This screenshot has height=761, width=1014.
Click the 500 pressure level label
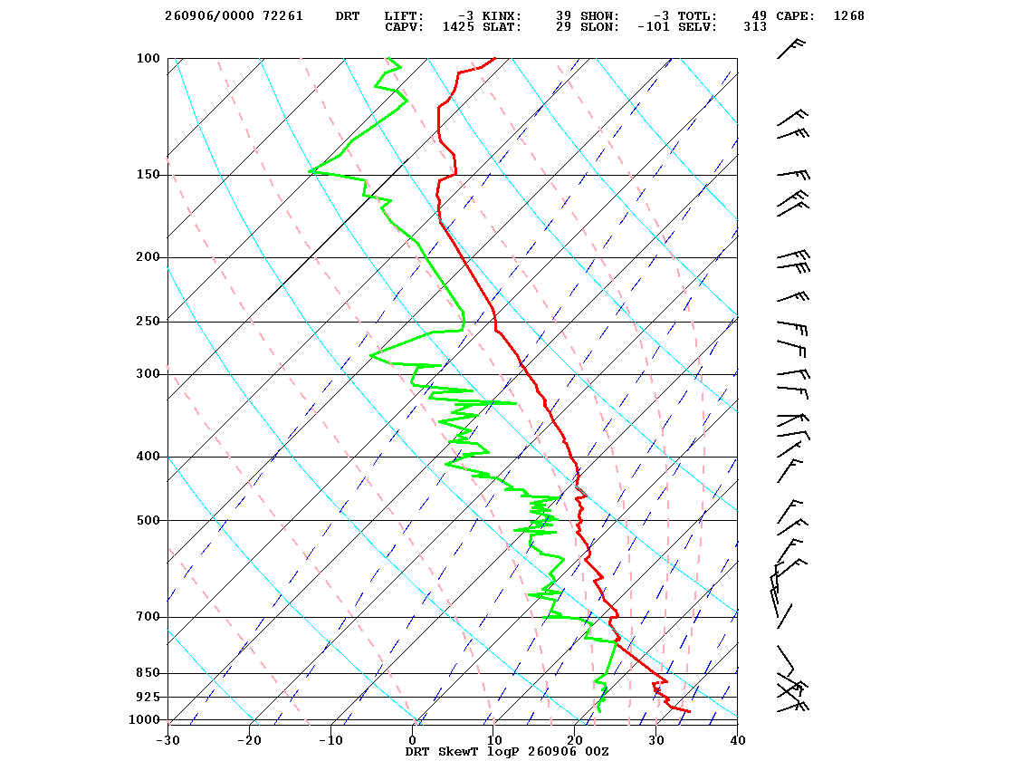(148, 520)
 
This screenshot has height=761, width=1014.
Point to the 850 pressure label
(148, 673)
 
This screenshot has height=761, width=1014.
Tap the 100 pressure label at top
(148, 58)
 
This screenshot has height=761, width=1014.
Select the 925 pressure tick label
(148, 697)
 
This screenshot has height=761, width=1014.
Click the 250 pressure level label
(148, 321)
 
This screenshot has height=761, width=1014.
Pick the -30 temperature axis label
(168, 740)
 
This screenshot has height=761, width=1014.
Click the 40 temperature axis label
(738, 740)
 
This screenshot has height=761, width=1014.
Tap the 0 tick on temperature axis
(413, 740)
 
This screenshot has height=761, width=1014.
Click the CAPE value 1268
(849, 16)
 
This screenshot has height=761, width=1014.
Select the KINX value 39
(564, 16)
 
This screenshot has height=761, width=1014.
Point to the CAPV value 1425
(458, 27)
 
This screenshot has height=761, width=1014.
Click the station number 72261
(283, 16)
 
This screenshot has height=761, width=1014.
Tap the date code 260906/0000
(209, 16)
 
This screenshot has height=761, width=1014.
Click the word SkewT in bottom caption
(458, 751)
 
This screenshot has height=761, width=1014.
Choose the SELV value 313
(755, 27)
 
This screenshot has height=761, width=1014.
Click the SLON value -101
(653, 27)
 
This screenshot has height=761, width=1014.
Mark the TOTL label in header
(697, 16)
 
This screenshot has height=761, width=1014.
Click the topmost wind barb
(790, 50)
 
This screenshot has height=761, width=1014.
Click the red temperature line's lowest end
(689, 712)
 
